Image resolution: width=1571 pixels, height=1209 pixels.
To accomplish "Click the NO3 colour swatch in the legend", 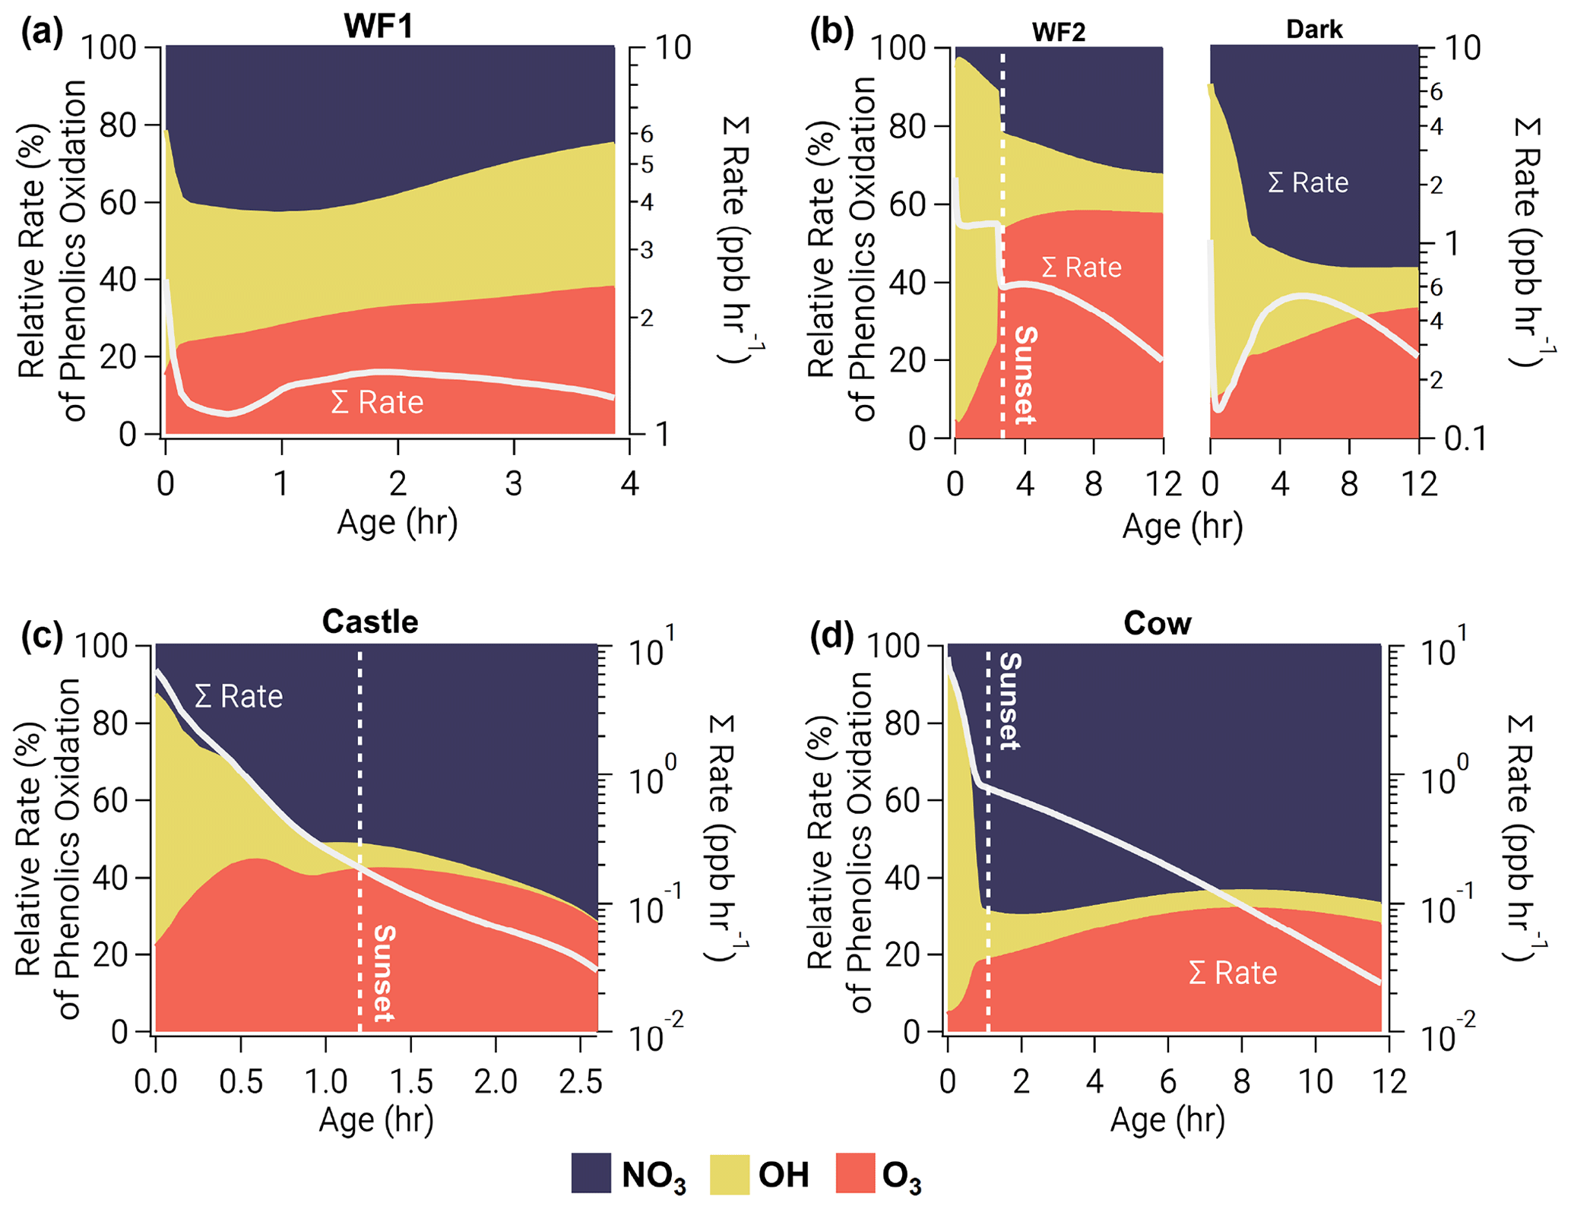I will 591,1173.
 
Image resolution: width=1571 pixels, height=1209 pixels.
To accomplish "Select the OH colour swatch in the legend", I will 729,1173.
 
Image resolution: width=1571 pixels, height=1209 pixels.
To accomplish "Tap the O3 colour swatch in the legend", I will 855,1173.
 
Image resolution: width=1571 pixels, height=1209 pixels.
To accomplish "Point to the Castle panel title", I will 370,622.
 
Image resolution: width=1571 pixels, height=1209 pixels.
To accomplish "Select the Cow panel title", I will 1157,623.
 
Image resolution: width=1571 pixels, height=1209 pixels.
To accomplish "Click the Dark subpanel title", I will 1314,29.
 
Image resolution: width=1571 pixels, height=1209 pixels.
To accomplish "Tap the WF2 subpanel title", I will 1059,32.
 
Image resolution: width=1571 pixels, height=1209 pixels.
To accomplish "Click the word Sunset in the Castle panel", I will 384,973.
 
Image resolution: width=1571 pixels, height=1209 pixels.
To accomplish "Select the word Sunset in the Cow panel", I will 1009,701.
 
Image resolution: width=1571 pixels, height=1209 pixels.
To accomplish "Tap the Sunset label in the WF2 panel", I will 1025,375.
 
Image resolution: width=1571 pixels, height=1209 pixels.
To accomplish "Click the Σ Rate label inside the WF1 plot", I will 377,402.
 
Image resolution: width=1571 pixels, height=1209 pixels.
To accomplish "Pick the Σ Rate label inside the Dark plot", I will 1308,182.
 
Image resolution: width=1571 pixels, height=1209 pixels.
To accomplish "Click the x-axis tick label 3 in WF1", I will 514,483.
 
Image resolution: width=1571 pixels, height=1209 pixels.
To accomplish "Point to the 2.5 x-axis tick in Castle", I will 581,1081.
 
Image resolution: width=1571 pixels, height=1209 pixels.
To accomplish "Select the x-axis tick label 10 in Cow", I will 1316,1081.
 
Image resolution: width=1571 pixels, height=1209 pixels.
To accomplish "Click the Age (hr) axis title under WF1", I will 398,523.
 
